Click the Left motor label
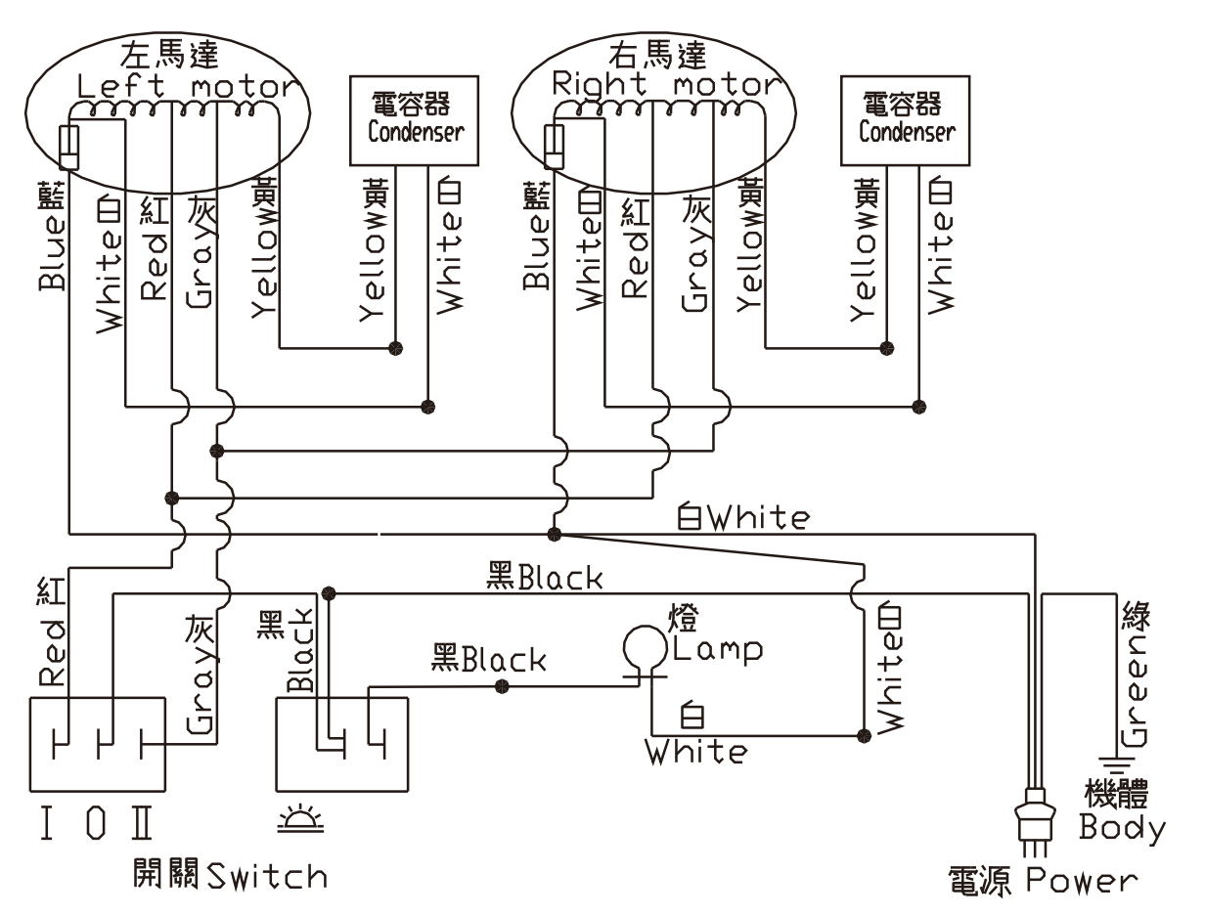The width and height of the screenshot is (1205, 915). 184,86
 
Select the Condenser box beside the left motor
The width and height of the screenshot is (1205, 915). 416,122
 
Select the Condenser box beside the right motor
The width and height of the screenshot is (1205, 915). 906,122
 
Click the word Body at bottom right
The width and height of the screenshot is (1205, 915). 1123,829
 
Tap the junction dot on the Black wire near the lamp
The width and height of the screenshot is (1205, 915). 503,686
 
